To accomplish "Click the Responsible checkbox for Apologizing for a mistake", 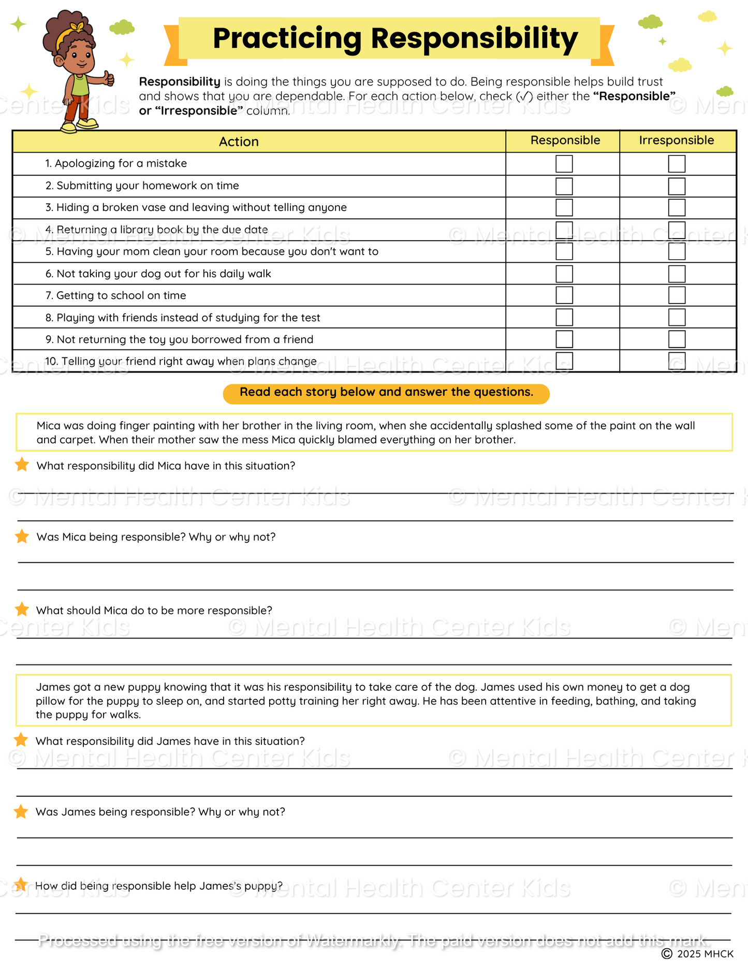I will (x=564, y=164).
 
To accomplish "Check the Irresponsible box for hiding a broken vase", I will (x=676, y=207).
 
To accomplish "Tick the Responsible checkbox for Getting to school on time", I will (x=564, y=295).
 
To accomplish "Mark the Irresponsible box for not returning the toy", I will (x=676, y=339).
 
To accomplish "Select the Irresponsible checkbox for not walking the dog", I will (x=676, y=274).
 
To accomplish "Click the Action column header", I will (x=239, y=142).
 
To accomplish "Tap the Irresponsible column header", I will (x=676, y=141).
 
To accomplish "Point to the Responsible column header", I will (x=565, y=141).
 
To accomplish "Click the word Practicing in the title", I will (x=287, y=39).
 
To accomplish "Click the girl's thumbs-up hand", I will (x=108, y=78).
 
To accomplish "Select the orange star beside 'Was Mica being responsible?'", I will (x=22, y=537).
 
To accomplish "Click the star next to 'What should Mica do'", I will (x=22, y=609).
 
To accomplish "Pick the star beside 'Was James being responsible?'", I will (x=21, y=811).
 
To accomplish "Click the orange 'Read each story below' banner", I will (x=386, y=393).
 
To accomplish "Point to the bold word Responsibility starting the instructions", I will (x=180, y=82).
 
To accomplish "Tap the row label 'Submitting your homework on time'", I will (x=148, y=186).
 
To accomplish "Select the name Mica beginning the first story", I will (x=48, y=426).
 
